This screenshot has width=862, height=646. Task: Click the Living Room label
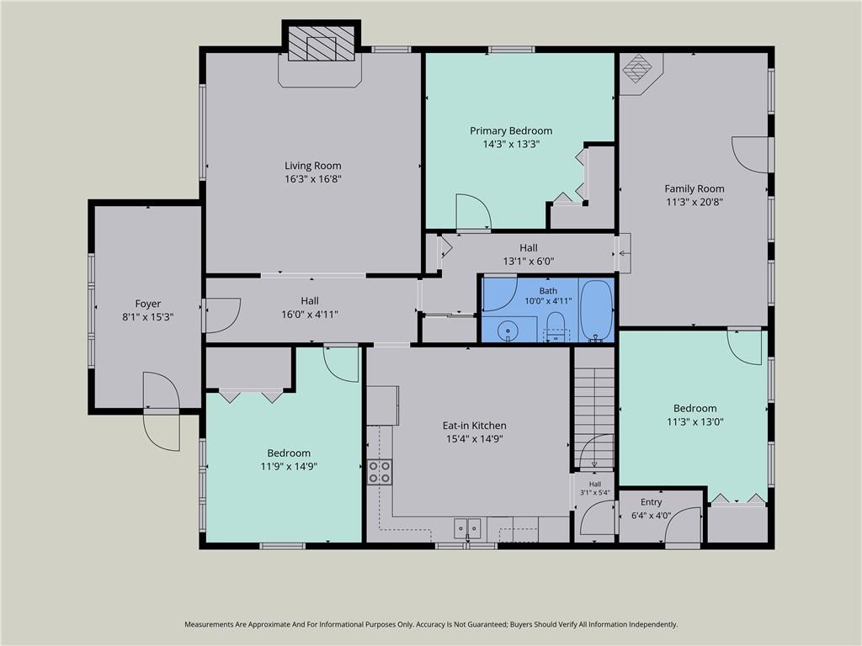[313, 166]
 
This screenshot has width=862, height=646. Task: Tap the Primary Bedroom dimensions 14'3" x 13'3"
[511, 145]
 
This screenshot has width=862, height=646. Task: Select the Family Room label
[694, 188]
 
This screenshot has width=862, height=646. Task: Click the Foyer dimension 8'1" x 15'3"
[148, 317]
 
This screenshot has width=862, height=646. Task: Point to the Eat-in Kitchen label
[475, 425]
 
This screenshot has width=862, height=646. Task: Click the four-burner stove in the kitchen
[380, 472]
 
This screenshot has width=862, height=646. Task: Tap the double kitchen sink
[467, 528]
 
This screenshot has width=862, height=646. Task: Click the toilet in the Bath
[556, 326]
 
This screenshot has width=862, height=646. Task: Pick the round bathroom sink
[508, 331]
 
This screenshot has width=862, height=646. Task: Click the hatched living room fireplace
[322, 43]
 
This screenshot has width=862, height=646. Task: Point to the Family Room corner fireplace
[638, 69]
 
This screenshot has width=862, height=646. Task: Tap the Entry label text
[651, 502]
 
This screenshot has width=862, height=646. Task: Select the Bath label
[548, 291]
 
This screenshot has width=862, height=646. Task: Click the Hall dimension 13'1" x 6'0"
[529, 262]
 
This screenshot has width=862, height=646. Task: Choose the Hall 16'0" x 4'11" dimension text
[310, 315]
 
